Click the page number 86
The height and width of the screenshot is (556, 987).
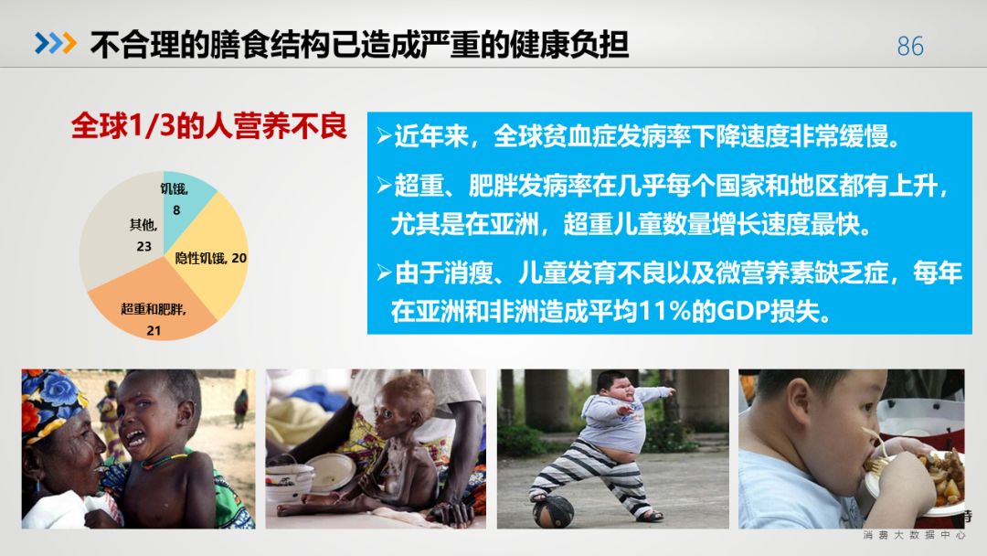pyautogui.click(x=910, y=46)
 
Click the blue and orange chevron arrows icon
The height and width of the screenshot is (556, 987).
pyautogui.click(x=56, y=43)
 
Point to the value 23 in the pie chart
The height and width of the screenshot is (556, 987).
pyautogui.click(x=144, y=246)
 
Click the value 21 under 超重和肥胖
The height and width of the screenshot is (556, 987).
pyautogui.click(x=154, y=330)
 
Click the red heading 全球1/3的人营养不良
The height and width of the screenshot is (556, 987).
pyautogui.click(x=208, y=126)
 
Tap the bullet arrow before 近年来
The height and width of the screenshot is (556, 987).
pyautogui.click(x=384, y=135)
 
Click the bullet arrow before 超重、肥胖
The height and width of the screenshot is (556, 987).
pyautogui.click(x=384, y=185)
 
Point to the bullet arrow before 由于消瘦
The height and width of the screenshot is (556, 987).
pyautogui.click(x=384, y=273)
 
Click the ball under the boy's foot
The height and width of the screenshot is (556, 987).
pyautogui.click(x=553, y=512)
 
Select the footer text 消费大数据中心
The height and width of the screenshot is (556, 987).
pyautogui.click(x=914, y=535)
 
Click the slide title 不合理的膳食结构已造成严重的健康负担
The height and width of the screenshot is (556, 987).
pyautogui.click(x=359, y=45)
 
